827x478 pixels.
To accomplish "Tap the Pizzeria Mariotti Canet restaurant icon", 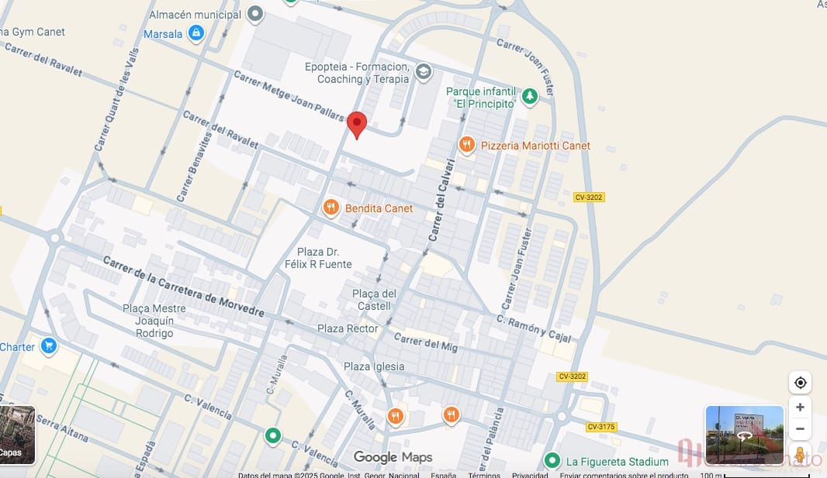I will pos(466,145).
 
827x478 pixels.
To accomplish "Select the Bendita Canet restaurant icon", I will pos(331,208).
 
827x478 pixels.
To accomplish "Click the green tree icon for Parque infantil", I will pos(529,96).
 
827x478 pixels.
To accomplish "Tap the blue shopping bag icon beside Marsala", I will pos(196,33).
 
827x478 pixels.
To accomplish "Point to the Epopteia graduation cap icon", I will pos(423,73).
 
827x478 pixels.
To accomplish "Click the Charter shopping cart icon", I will pos(50,346).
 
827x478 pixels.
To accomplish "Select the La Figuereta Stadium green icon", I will pos(552,461).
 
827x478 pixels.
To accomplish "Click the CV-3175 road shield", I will pos(601,427).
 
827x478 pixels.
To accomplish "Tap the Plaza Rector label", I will pos(348,328).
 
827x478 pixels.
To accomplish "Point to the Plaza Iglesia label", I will pos(374,366).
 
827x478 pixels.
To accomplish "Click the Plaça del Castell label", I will pos(374,300).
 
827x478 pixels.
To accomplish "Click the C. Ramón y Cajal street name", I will pos(534,327).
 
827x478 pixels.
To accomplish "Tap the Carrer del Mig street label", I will pos(426,342).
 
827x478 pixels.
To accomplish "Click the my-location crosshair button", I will pos(800,383).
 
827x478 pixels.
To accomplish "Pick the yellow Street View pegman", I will pos(800,454).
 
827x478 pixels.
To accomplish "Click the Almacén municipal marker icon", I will pos(256,15).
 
